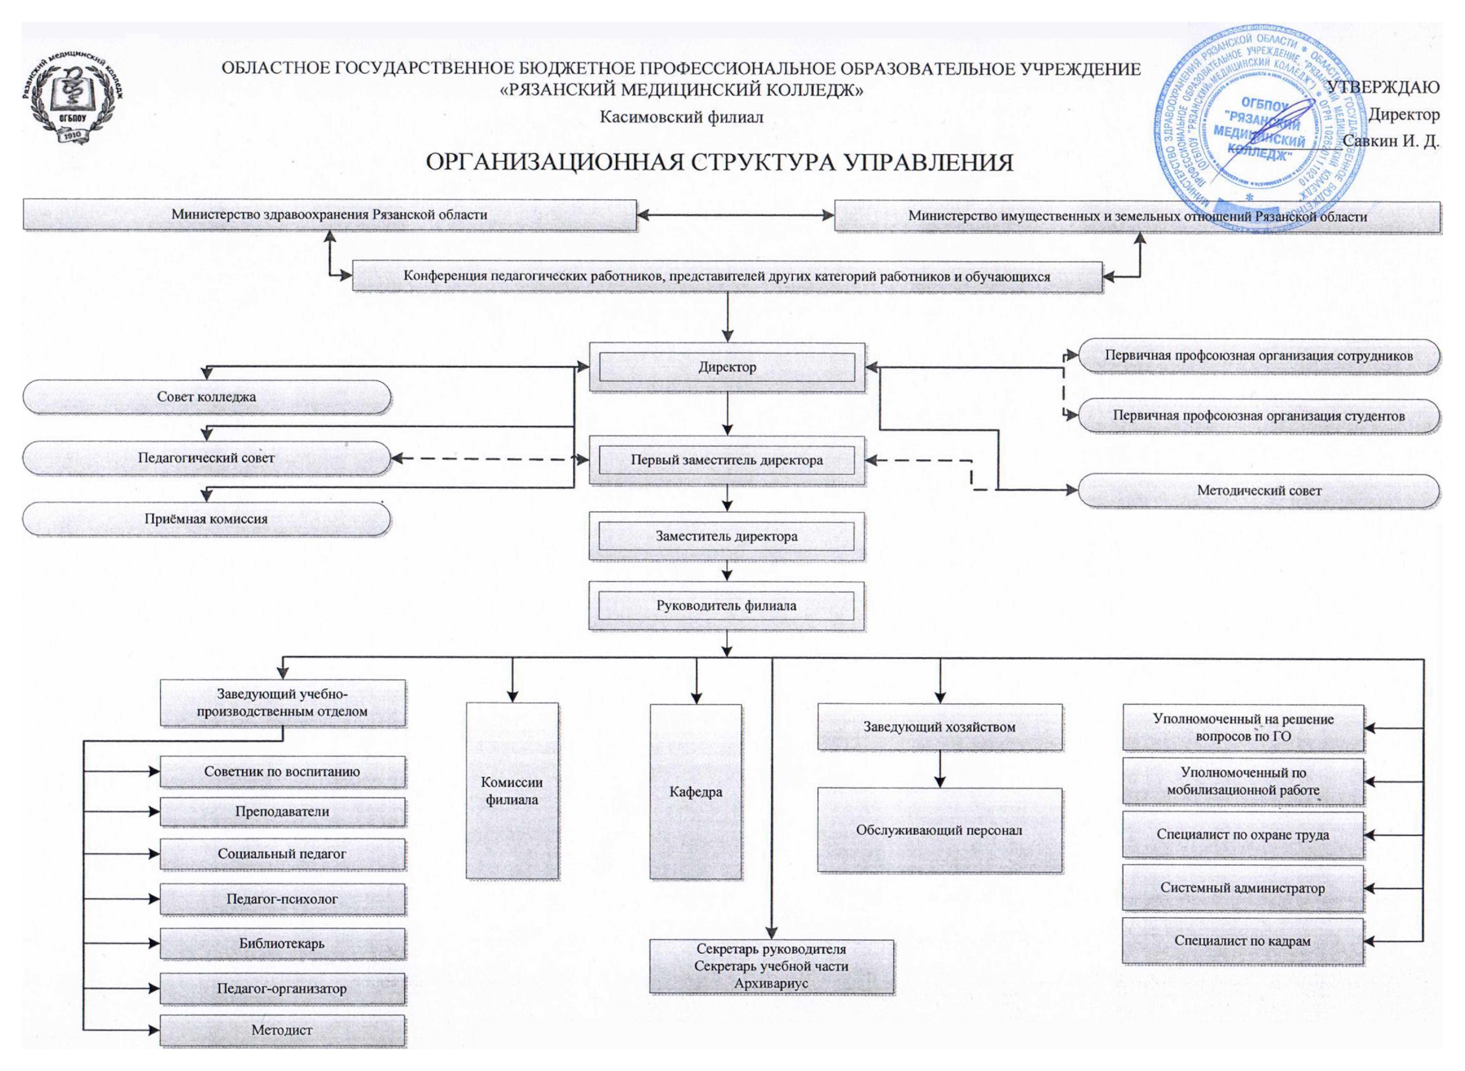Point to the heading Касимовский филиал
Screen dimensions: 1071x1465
click(681, 117)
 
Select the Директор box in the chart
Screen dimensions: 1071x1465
click(727, 367)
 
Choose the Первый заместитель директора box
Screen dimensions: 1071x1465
click(727, 460)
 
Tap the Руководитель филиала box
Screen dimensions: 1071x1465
click(727, 606)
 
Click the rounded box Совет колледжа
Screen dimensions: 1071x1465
click(206, 397)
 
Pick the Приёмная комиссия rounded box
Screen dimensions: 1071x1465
click(206, 519)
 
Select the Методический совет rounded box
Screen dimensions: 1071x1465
click(1258, 491)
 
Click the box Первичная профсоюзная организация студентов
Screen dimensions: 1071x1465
click(1258, 416)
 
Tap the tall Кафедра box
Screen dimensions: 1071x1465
click(695, 792)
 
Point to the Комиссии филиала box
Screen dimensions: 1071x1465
click(512, 791)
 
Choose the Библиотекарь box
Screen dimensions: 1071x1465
click(282, 943)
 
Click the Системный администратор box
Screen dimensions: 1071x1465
click(1243, 888)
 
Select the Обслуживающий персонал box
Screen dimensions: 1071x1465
click(939, 830)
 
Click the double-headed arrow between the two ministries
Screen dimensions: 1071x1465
click(735, 215)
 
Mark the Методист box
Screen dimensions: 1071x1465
click(282, 1030)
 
